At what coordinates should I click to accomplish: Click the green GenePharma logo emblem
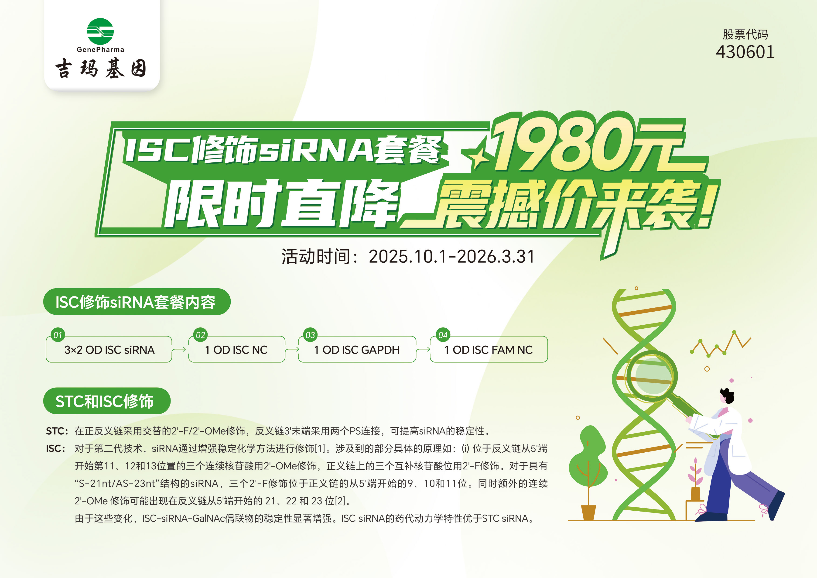coord(100,31)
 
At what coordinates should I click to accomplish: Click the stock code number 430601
coord(745,52)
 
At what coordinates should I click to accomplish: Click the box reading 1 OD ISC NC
coord(237,350)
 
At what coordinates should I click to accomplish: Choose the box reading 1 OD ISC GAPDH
coord(357,350)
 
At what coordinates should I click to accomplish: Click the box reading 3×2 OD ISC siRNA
coord(109,350)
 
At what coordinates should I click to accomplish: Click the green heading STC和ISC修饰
coord(107,401)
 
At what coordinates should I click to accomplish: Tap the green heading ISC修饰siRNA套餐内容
coord(137,302)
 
